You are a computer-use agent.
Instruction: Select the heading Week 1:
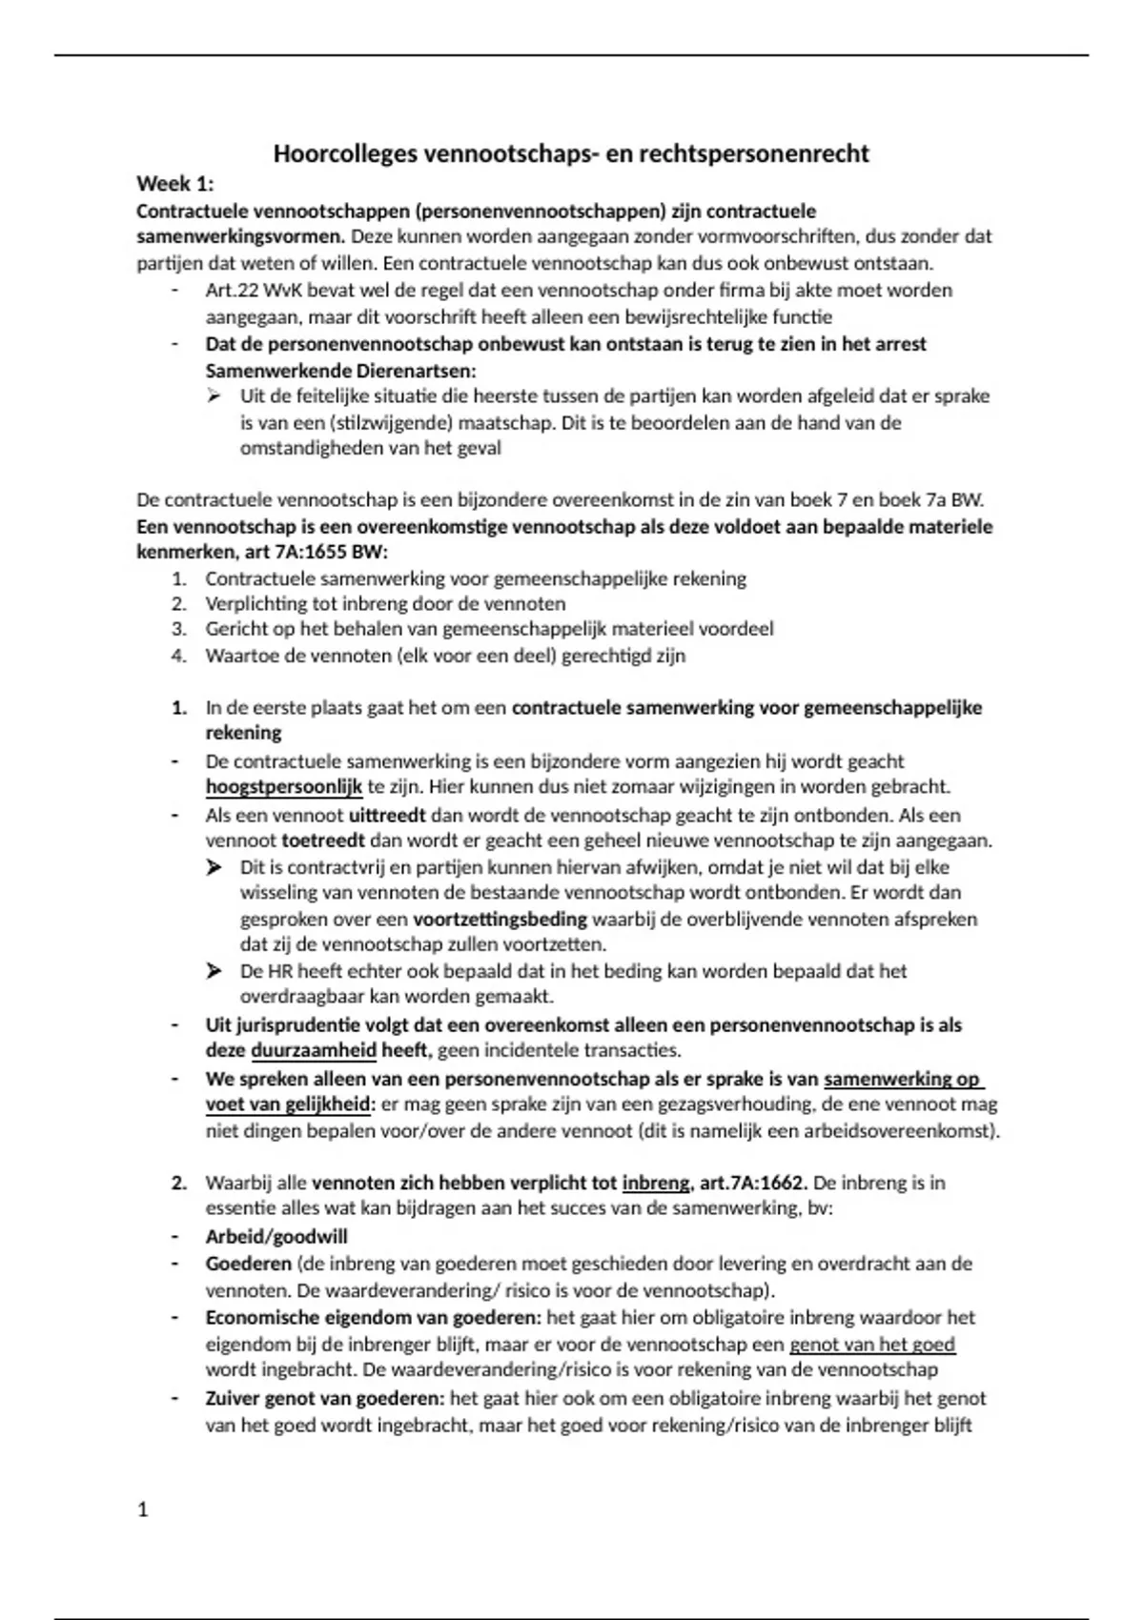[175, 183]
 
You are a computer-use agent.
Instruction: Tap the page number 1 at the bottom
[143, 1509]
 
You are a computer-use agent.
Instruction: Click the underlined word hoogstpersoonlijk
[284, 787]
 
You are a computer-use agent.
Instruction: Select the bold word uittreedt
[387, 816]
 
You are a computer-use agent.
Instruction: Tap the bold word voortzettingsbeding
[500, 920]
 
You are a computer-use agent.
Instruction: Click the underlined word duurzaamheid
[314, 1051]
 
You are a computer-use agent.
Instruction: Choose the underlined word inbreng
[655, 1183]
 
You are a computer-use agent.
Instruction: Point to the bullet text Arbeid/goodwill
[276, 1237]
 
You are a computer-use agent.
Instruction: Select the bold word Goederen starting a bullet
[248, 1264]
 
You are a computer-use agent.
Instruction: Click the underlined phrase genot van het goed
[871, 1345]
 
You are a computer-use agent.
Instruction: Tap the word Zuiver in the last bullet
[232, 1399]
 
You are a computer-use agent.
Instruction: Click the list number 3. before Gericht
[179, 629]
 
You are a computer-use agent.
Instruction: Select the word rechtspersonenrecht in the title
[753, 153]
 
